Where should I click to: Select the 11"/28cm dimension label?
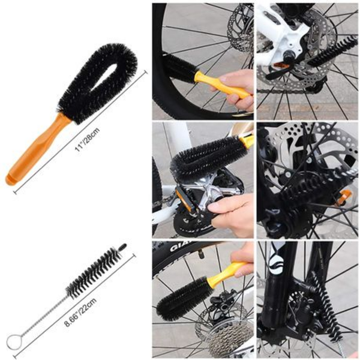(x=86, y=139)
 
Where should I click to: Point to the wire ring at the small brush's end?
(x=14, y=343)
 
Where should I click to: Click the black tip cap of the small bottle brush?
(x=122, y=247)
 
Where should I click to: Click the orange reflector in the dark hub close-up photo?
(x=344, y=197)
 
